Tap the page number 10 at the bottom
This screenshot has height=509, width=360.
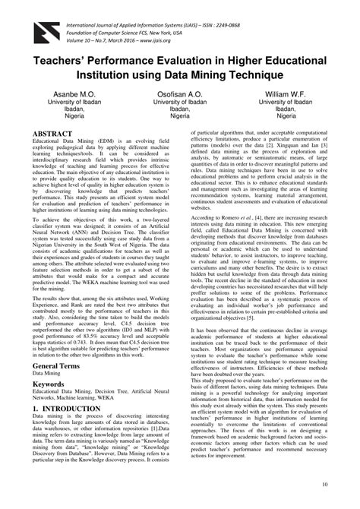[324, 484]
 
